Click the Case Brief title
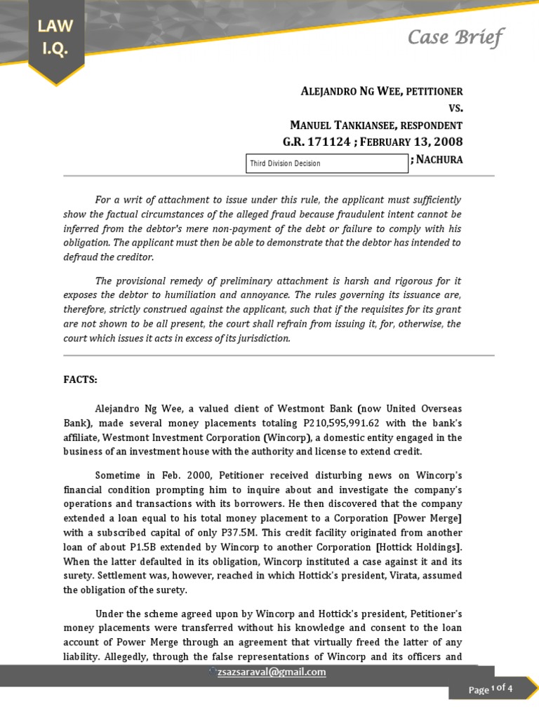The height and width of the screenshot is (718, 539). coord(455,37)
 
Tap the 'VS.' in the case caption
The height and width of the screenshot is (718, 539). coord(455,109)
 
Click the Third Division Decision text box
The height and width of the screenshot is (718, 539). coord(326,163)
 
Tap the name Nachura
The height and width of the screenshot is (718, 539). coord(439,160)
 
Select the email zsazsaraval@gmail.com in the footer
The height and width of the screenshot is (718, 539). coord(273,672)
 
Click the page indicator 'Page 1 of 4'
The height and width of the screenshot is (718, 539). coord(491,689)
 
